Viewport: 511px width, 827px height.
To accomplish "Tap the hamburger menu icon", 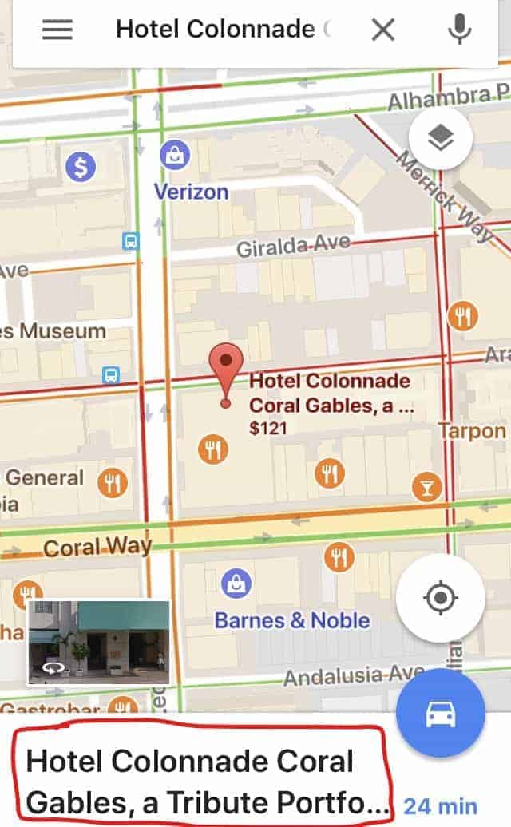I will tap(57, 30).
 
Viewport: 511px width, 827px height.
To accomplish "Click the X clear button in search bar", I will tap(383, 30).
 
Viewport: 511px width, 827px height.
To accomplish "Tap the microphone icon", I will tap(458, 30).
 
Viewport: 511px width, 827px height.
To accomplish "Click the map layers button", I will tap(440, 138).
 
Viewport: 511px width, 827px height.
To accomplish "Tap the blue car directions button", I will tap(441, 714).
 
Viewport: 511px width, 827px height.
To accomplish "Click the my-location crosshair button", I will tap(441, 598).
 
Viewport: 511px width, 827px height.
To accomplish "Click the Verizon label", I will tap(192, 192).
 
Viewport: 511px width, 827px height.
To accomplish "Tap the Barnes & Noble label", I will tap(292, 620).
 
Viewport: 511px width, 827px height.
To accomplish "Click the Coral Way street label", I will tap(97, 548).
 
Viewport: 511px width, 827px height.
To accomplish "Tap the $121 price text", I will tap(268, 429).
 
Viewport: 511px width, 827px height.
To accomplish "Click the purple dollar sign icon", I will tap(81, 167).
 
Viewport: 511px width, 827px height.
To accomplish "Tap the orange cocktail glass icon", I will tap(427, 485).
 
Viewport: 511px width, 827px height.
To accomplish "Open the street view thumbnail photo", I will tap(99, 643).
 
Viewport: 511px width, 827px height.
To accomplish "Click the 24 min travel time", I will tap(441, 806).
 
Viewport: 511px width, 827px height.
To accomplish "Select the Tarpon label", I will tap(473, 432).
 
